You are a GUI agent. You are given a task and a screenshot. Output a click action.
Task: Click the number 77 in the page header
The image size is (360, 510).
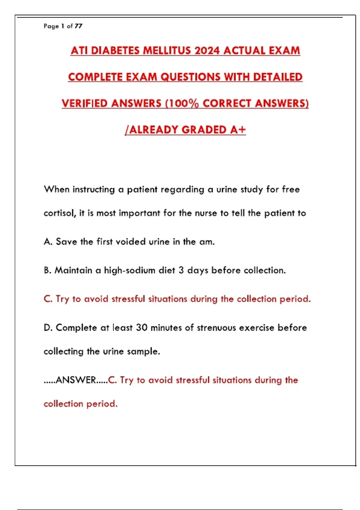click(x=78, y=26)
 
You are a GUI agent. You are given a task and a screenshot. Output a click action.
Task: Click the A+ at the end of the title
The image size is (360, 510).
click(x=238, y=130)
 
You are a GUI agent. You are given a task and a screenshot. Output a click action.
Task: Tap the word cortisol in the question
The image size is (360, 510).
click(x=59, y=213)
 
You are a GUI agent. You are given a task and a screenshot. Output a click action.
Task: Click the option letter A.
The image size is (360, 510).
click(x=48, y=241)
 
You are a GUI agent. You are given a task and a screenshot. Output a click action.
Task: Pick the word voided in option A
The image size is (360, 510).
click(x=130, y=241)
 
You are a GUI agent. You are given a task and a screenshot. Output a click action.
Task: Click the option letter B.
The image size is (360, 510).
click(x=47, y=270)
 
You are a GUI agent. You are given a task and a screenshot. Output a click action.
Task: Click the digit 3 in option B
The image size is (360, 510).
click(x=181, y=270)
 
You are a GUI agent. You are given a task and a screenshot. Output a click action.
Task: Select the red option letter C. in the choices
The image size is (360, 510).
click(x=48, y=299)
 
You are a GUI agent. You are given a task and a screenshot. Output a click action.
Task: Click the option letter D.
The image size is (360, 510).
click(x=48, y=328)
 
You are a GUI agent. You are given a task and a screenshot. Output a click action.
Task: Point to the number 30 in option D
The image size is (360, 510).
click(x=142, y=328)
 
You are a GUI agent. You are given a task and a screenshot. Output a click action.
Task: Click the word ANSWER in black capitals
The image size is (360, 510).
click(x=76, y=380)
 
